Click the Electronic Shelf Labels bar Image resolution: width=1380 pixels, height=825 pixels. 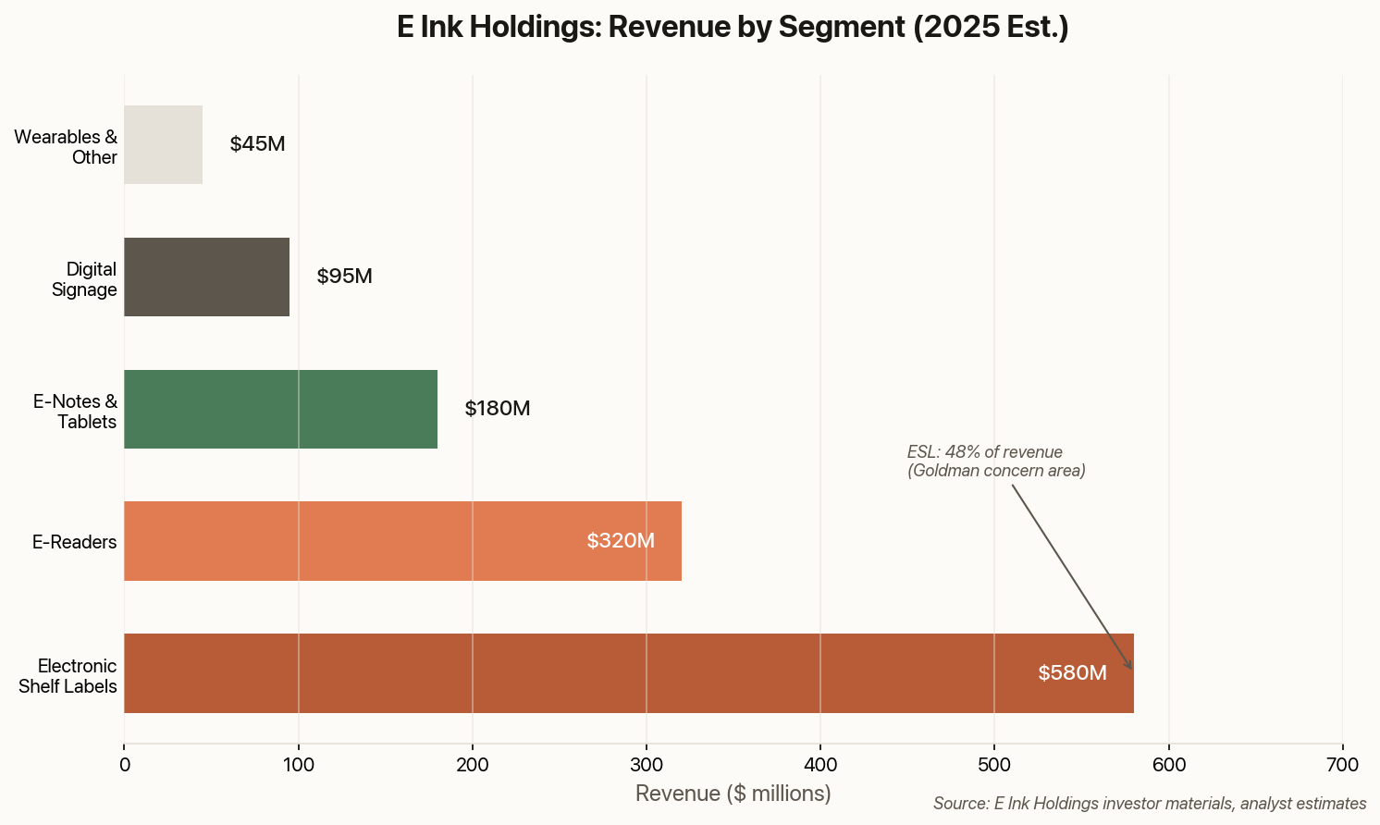629,673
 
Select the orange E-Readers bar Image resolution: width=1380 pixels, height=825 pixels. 402,541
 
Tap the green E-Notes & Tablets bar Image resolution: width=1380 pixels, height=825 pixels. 280,409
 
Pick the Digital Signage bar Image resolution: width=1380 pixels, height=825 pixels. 206,277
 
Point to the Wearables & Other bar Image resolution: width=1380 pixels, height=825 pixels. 163,144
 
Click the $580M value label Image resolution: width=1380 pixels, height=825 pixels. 1072,673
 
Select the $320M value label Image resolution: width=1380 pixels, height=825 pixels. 621,541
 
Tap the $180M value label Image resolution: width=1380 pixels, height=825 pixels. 498,409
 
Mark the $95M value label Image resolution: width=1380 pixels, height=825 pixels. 344,277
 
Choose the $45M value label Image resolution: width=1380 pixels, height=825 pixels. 257,144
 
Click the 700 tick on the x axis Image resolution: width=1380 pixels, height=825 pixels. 1342,765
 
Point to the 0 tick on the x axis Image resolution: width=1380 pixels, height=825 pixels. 124,765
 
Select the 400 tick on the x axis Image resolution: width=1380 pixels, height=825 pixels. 820,765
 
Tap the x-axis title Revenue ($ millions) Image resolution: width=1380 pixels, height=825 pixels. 733,794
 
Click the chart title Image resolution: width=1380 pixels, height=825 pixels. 733,28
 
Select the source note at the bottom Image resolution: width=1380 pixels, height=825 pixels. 1150,804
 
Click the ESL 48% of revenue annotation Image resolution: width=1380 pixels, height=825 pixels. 996,462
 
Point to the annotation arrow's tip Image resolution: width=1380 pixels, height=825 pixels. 1131,669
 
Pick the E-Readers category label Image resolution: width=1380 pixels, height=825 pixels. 74,542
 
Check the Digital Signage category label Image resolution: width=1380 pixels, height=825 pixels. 84,279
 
